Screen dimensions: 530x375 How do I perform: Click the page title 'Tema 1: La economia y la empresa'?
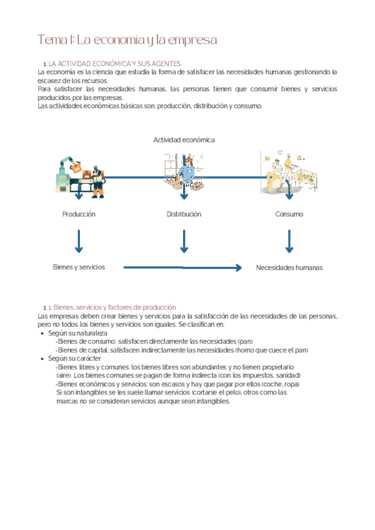(x=127, y=40)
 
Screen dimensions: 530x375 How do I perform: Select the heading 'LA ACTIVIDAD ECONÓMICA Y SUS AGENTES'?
(x=114, y=64)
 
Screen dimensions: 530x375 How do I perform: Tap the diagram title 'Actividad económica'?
(x=184, y=140)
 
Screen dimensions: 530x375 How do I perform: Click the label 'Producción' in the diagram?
(x=79, y=214)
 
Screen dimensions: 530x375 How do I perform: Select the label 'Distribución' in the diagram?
(x=184, y=214)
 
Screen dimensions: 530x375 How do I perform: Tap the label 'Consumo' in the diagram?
(x=289, y=214)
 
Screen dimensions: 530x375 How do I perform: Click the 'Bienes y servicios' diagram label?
(x=79, y=267)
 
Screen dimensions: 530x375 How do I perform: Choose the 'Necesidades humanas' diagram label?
(x=289, y=267)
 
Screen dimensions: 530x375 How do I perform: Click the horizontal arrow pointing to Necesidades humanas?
(x=182, y=267)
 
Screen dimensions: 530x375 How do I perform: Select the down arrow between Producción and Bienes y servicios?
(x=79, y=241)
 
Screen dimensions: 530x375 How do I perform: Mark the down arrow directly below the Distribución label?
(x=184, y=241)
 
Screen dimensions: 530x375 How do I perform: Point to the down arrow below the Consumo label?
(x=289, y=241)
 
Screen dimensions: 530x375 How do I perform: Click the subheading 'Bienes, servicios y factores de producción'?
(x=114, y=307)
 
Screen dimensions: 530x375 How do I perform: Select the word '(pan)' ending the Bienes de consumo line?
(x=246, y=342)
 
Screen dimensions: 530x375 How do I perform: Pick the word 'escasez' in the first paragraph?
(x=49, y=81)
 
